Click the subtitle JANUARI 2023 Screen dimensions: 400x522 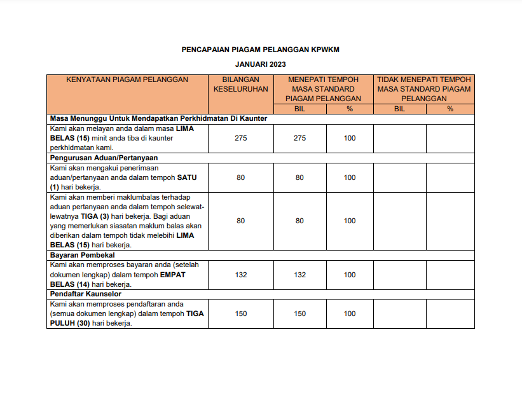tap(261, 65)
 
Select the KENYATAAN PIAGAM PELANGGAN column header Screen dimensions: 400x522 tap(127, 79)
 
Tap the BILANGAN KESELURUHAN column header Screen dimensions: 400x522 tap(240, 84)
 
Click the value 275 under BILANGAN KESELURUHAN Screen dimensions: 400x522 tap(240, 138)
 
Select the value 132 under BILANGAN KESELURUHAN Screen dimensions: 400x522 tap(240, 275)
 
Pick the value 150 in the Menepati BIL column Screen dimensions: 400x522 tap(299, 314)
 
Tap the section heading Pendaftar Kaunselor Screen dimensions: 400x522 tap(85, 294)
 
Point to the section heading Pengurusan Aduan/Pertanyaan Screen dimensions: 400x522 tap(104, 157)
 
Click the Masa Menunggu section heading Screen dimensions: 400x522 tap(158, 118)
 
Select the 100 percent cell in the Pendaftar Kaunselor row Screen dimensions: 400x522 tap(350, 314)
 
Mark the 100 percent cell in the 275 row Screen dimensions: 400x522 tap(350, 138)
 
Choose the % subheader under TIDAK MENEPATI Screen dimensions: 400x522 tap(450, 109)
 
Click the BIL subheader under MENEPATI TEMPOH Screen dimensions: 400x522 tap(299, 109)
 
